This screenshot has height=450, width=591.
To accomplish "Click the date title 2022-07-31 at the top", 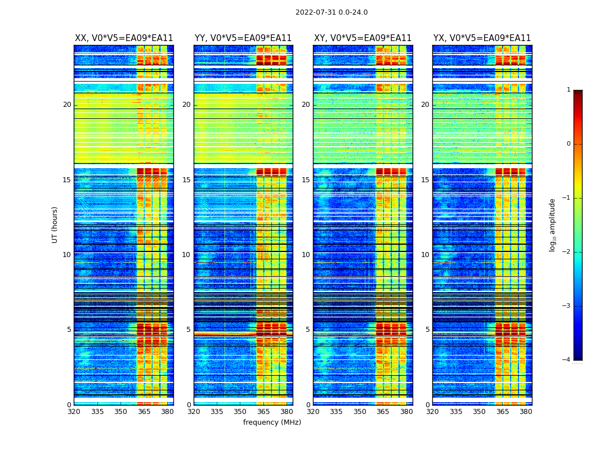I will click(x=331, y=12).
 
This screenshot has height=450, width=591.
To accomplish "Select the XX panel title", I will click(x=124, y=38).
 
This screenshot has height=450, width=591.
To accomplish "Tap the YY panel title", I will click(x=243, y=38).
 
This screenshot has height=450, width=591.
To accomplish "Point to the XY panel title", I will click(x=362, y=38).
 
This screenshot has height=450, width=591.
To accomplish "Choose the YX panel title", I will click(x=482, y=38).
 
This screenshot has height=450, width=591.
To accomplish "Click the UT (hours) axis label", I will click(x=55, y=224).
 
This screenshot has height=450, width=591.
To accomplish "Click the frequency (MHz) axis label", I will click(x=272, y=422).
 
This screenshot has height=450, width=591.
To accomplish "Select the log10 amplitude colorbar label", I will click(x=553, y=224).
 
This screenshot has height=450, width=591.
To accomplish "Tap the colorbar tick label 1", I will click(x=568, y=90).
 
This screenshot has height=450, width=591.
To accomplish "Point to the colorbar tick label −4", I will click(x=567, y=360).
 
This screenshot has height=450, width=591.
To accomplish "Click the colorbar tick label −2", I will click(x=567, y=252).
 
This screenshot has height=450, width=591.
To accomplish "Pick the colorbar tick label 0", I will click(x=568, y=144).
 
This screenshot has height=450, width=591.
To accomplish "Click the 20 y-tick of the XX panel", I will click(x=67, y=105).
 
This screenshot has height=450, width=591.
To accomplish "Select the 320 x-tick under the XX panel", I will click(x=74, y=412).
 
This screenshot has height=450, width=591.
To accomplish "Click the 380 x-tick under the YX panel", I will click(x=526, y=412).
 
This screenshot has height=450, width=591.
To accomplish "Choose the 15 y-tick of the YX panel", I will click(x=425, y=180).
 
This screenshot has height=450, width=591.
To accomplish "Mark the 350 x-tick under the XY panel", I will click(x=360, y=412).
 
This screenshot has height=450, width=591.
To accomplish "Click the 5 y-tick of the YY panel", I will click(x=189, y=330).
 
